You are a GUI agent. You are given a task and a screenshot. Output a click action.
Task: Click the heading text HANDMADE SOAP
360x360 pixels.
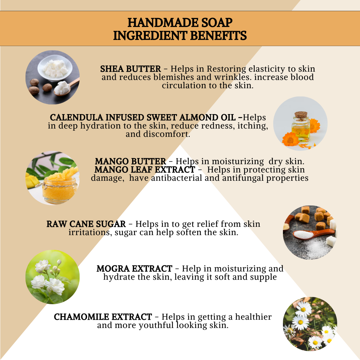180,23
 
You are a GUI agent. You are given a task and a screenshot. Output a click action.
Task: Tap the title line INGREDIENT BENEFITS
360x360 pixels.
180,36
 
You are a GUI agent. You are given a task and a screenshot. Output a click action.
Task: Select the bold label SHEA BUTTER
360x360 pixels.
130,69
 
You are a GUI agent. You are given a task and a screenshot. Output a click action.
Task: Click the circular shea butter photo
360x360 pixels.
53,77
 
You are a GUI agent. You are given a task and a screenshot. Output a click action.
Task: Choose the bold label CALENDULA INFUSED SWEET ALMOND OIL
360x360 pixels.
146,118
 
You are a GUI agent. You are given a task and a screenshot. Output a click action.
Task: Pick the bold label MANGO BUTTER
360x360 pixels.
130,162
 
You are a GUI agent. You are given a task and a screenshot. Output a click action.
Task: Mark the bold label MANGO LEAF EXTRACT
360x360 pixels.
145,170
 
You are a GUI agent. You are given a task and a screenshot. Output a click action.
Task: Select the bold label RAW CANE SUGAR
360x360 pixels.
86,224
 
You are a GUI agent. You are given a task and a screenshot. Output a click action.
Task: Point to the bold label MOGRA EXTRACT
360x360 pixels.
134,269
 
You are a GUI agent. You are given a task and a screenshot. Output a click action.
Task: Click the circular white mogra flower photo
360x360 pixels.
53,277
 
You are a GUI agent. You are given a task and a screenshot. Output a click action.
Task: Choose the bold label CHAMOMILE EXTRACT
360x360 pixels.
103,317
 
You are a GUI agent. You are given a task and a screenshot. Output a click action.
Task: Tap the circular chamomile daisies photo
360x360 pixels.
310,324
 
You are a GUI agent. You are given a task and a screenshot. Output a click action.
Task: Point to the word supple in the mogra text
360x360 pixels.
264,277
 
